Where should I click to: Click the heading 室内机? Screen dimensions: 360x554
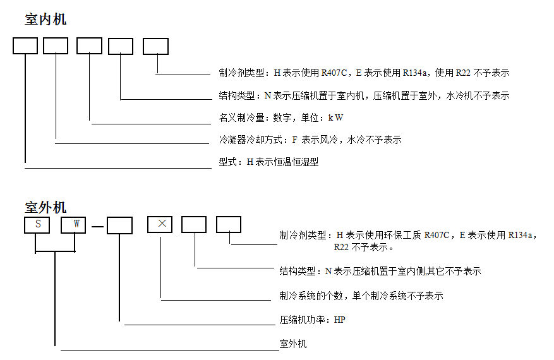click(45, 20)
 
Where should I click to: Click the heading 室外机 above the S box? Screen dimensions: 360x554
click(45, 207)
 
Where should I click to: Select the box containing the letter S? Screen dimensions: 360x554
click(37, 225)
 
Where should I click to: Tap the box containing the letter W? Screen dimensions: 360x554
click(73, 225)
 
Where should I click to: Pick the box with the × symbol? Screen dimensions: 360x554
click(160, 224)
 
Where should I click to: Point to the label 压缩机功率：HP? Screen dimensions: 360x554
click(313, 320)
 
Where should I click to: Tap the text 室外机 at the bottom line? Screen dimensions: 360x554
click(293, 344)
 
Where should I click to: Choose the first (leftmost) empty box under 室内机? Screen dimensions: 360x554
click(25, 46)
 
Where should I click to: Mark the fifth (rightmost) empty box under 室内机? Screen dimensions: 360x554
click(155, 46)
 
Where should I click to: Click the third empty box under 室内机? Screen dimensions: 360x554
click(89, 46)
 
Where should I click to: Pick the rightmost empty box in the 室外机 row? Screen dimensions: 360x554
click(229, 224)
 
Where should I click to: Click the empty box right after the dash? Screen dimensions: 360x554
click(119, 225)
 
